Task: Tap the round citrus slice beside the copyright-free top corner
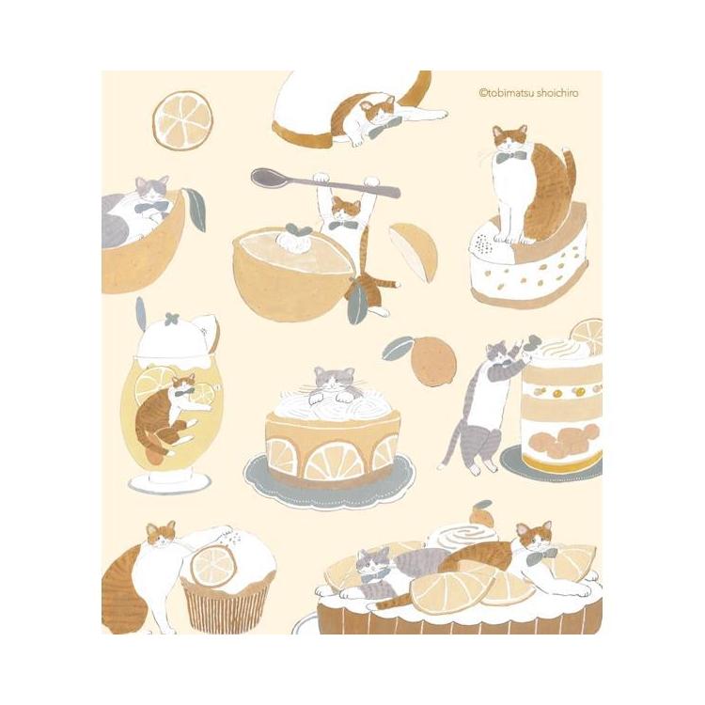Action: point(182,120)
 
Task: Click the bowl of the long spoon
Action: point(267,177)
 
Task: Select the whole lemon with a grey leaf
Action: point(433,364)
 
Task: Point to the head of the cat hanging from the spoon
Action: point(346,209)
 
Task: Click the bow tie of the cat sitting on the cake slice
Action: point(511,156)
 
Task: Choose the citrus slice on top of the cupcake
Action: point(212,566)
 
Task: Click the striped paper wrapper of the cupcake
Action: point(227,607)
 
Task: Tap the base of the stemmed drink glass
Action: point(169,482)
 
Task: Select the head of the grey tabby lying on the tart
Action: point(374,561)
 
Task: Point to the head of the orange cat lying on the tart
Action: point(534,536)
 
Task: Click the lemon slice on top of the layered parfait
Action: point(587,335)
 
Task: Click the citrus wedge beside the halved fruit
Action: point(414,251)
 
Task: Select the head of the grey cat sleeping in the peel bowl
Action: point(152,189)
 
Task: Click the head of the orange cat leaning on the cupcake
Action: point(162,534)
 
